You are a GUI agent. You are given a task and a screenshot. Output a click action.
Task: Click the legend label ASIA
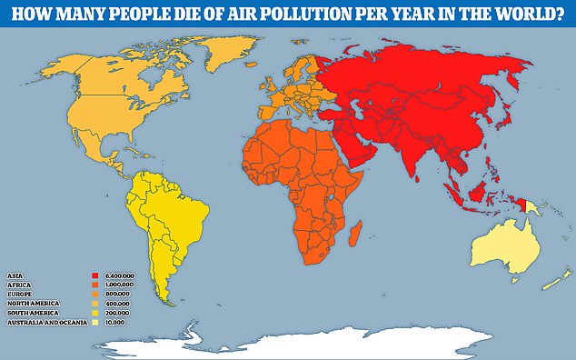pos(15,274)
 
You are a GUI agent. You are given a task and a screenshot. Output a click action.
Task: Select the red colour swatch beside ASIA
pos(95,274)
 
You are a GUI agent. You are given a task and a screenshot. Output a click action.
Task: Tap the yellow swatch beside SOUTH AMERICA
pos(95,314)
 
